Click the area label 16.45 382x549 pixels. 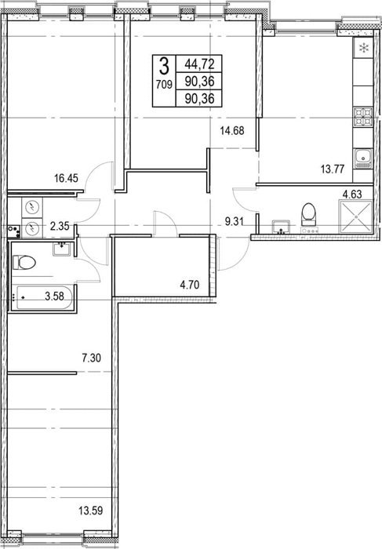click(x=66, y=179)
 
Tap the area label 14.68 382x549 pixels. click(x=232, y=131)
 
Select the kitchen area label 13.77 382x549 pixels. click(x=333, y=169)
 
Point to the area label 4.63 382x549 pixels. click(x=352, y=194)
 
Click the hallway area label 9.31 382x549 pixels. click(x=235, y=222)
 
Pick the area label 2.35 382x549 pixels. click(x=60, y=226)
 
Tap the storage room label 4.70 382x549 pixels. click(x=189, y=285)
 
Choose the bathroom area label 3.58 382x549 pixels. click(x=55, y=296)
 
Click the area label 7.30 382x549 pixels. click(x=92, y=358)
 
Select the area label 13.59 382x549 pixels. click(x=91, y=511)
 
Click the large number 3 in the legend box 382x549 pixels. click(x=164, y=65)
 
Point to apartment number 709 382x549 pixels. click(x=164, y=85)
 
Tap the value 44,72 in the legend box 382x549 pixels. click(x=199, y=64)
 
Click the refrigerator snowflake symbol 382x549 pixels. click(x=364, y=48)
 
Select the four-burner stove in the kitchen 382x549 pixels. click(x=363, y=117)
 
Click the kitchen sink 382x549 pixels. click(x=364, y=158)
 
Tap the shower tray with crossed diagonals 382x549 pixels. click(x=356, y=216)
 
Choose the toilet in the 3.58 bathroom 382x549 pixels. click(x=24, y=262)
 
